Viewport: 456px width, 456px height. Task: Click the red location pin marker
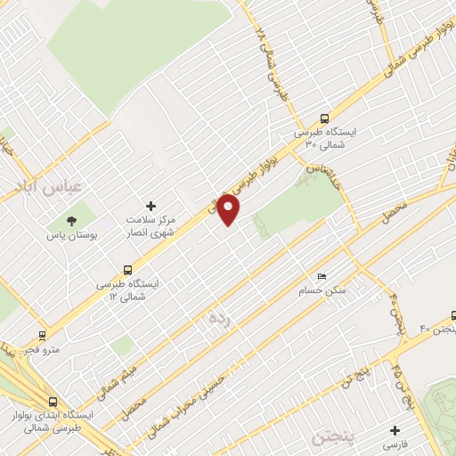(229, 208)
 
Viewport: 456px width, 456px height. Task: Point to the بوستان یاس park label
(69, 237)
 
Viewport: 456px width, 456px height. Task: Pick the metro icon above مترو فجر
(41, 336)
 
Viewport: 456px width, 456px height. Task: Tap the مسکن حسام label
(322, 291)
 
